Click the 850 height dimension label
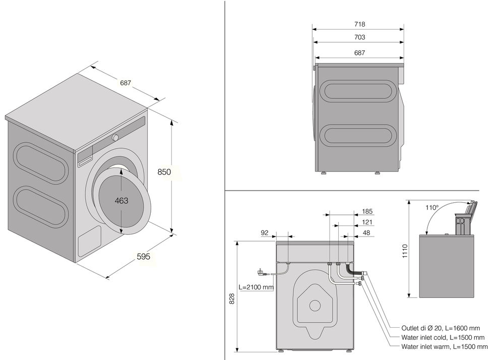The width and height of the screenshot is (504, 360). coord(164,172)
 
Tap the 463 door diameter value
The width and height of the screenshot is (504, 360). coord(121,201)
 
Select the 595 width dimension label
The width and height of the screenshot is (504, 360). coord(144,257)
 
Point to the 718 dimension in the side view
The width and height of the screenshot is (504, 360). coord(359,24)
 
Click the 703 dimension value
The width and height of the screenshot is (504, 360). coord(359,37)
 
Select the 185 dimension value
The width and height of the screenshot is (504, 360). coord(367,211)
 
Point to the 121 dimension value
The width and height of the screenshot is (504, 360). coord(367,222)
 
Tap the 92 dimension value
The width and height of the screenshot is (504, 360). coord(265,233)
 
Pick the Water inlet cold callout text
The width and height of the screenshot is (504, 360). coord(443,337)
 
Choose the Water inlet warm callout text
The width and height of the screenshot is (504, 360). coord(445,347)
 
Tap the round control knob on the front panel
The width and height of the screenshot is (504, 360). coord(115,138)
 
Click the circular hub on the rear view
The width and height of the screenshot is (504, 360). coord(315,306)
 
